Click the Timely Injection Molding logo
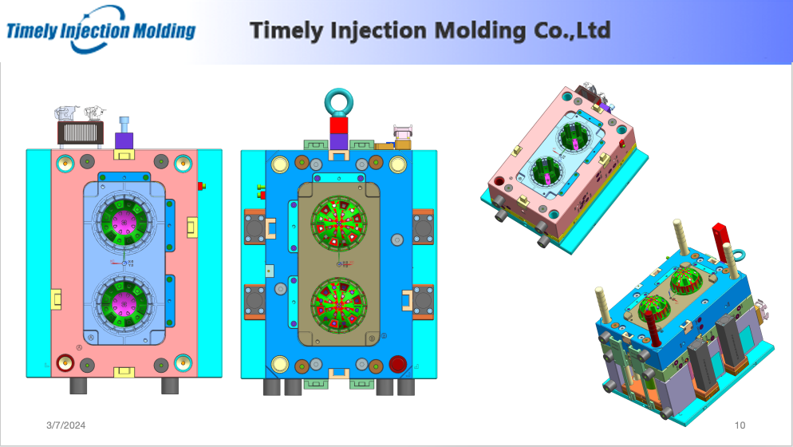[101, 30]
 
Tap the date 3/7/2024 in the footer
[65, 425]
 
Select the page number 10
[740, 425]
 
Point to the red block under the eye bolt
[338, 125]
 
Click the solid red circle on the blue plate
[397, 364]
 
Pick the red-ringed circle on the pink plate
[65, 362]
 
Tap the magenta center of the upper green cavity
[124, 221]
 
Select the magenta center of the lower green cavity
[124, 303]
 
